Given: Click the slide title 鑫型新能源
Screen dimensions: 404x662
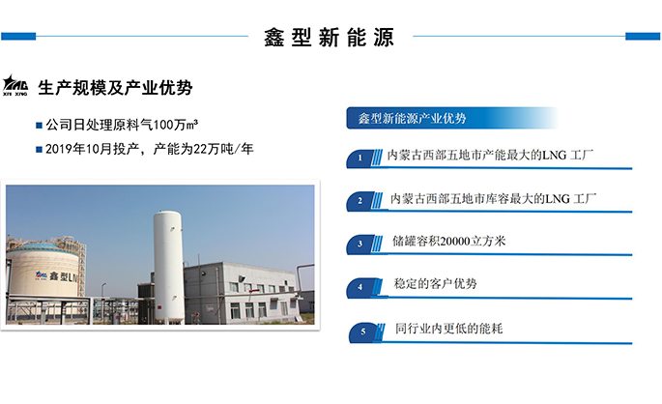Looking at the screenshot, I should pyautogui.click(x=330, y=38).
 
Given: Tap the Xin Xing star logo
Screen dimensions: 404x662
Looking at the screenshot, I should pyautogui.click(x=16, y=85).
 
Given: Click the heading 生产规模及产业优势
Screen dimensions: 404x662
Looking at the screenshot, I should pyautogui.click(x=115, y=88).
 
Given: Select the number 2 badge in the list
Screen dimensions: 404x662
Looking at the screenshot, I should pyautogui.click(x=360, y=201).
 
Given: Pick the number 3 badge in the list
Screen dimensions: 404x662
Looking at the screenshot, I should pyautogui.click(x=360, y=244).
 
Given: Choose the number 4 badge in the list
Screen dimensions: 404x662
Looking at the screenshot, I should pyautogui.click(x=360, y=287).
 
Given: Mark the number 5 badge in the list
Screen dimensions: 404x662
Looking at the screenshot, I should pyautogui.click(x=362, y=332).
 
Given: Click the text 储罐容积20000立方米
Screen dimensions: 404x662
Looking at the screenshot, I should pyautogui.click(x=449, y=242).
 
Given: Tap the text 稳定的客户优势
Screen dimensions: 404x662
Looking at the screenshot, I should pyautogui.click(x=436, y=284).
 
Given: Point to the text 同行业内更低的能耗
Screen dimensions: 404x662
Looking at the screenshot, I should pyautogui.click(x=449, y=329).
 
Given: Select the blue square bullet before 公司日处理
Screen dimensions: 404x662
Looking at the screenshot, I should pyautogui.click(x=39, y=127).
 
